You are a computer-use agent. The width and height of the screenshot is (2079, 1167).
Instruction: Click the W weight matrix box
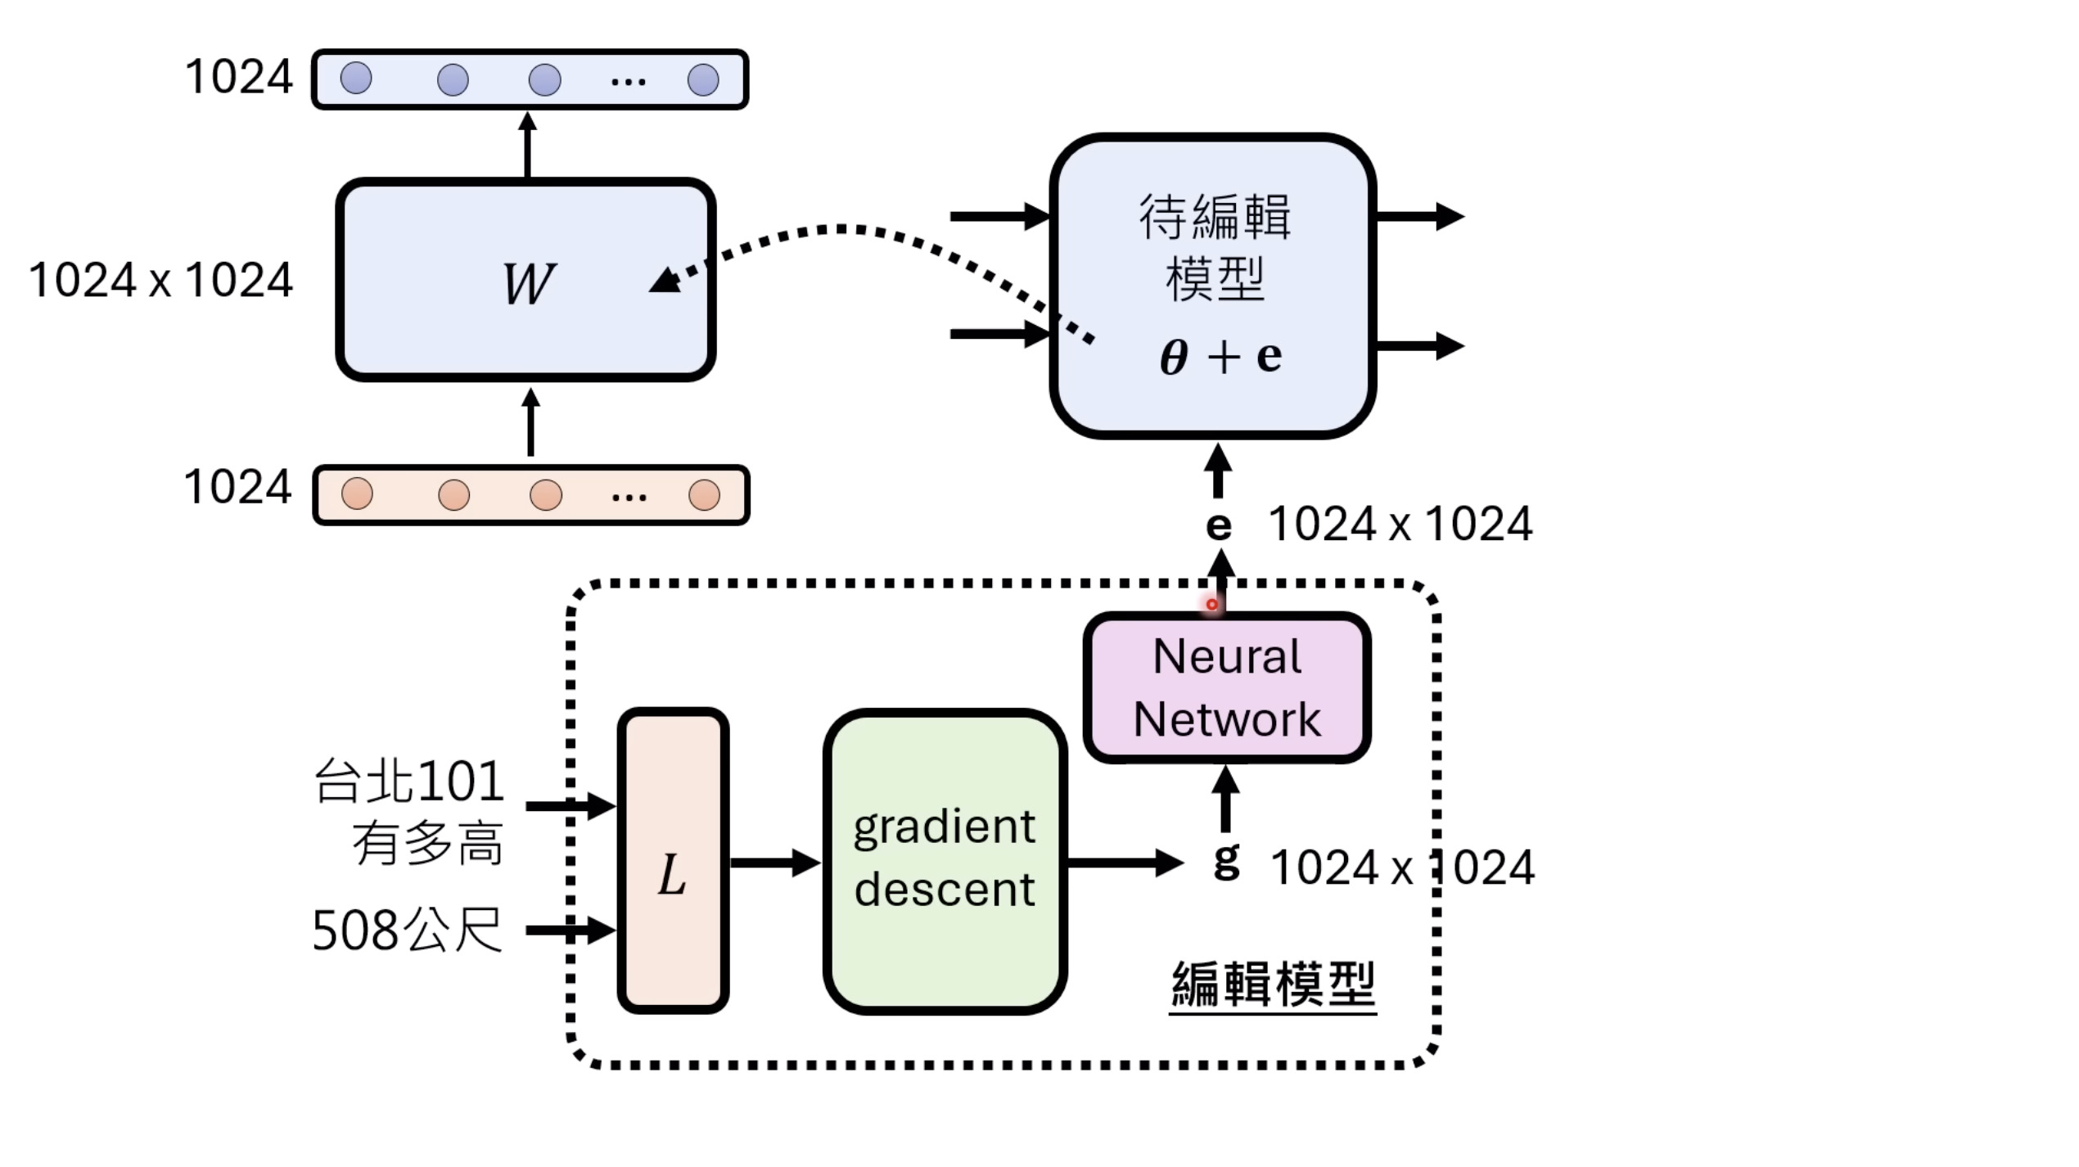[x=525, y=280]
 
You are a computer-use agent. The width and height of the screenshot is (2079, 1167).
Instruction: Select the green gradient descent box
[x=945, y=861]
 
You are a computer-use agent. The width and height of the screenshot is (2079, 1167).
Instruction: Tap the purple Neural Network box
[x=1226, y=687]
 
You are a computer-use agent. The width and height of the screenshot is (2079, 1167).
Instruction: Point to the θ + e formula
[x=1220, y=357]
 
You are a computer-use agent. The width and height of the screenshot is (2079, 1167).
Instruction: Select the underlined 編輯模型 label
[x=1273, y=985]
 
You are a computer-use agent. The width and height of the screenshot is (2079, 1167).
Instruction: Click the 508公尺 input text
[x=407, y=930]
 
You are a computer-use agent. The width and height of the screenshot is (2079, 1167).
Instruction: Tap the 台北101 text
[x=409, y=781]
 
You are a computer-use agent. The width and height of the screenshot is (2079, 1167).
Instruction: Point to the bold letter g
[x=1226, y=861]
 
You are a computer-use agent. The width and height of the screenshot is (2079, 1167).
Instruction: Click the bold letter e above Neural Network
[x=1218, y=525]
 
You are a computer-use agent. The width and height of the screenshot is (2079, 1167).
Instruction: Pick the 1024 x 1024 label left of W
[x=160, y=280]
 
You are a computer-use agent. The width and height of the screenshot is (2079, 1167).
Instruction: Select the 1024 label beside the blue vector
[x=238, y=77]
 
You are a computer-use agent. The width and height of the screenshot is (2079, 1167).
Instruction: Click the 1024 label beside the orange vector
[x=237, y=487]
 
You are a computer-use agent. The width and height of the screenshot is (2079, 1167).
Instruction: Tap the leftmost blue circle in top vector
[x=356, y=79]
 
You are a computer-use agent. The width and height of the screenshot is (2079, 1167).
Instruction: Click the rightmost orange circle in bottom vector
[x=704, y=494]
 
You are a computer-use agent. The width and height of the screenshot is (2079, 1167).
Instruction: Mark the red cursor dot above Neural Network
[x=1212, y=605]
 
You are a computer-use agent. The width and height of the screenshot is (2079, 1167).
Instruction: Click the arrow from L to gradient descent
[x=774, y=863]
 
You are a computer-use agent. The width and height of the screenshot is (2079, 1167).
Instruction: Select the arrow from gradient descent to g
[x=1125, y=863]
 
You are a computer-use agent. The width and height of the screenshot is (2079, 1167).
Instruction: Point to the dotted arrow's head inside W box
[x=665, y=282]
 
